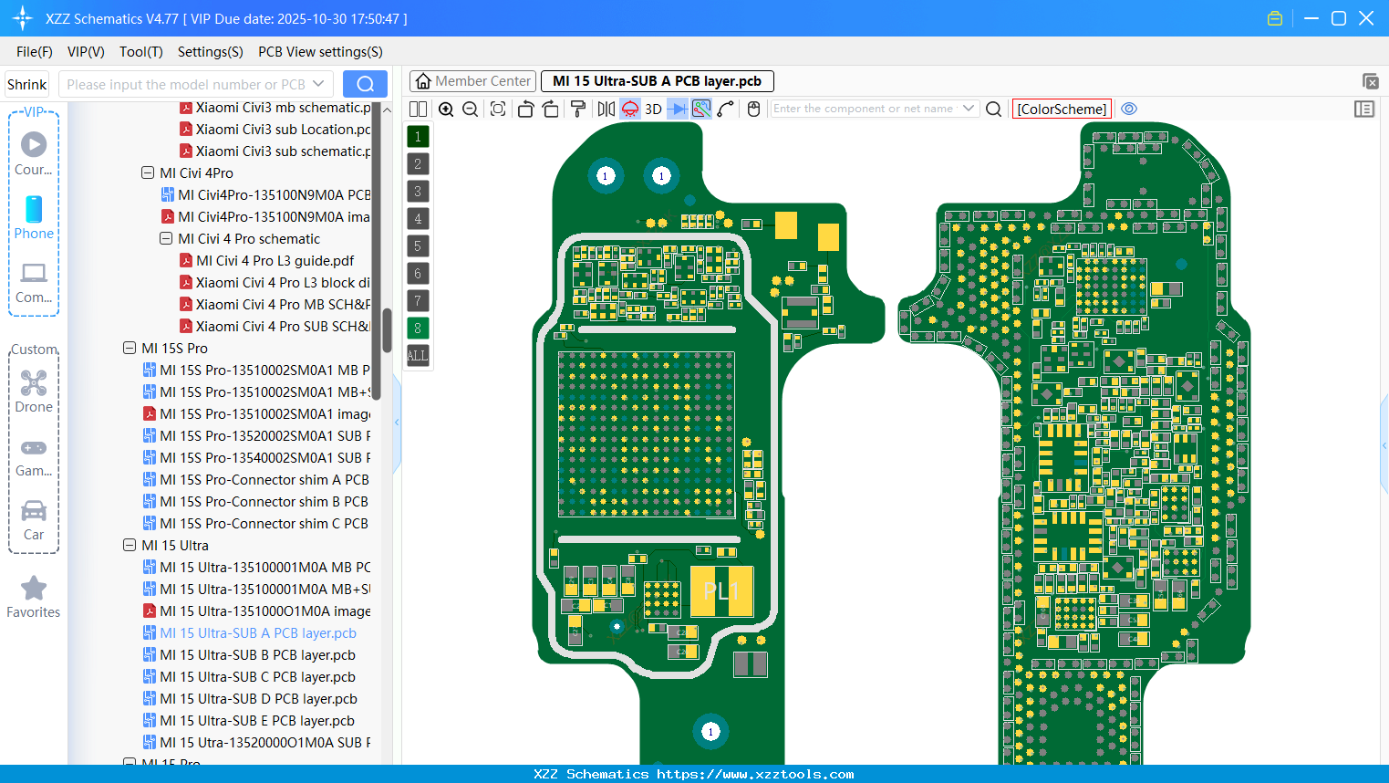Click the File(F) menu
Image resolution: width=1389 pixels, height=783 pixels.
34,52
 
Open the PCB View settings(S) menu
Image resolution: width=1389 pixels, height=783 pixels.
320,52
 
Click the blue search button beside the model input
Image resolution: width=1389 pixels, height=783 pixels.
365,84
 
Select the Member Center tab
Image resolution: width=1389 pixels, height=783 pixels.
472,81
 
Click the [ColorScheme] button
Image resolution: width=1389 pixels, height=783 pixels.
1062,109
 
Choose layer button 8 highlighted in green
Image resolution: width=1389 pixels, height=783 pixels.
418,328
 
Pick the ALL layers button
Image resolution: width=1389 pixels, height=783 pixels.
418,355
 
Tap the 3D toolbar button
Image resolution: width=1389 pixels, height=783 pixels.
653,109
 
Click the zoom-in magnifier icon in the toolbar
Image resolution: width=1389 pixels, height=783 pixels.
446,109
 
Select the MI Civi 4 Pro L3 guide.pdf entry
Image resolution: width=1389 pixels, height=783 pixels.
275,261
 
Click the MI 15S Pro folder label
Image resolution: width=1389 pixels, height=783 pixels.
174,349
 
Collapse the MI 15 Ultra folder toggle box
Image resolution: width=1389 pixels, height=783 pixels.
130,546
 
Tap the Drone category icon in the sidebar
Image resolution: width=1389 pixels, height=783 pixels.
34,383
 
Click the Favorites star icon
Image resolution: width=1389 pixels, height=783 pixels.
34,589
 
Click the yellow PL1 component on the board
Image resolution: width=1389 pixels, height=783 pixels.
720,591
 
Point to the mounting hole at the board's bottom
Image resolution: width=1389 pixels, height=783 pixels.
711,731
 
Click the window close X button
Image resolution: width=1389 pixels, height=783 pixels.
1366,18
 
